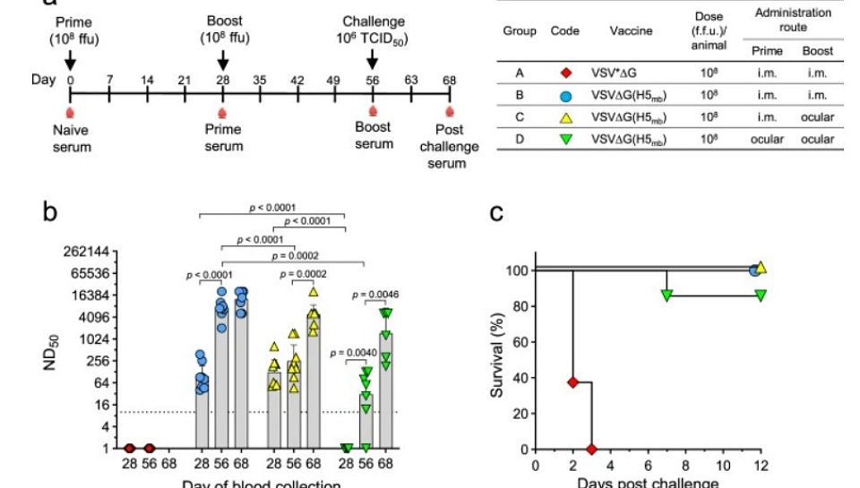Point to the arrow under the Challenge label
click(x=373, y=59)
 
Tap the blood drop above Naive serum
click(x=71, y=111)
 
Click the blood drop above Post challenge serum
click(x=449, y=111)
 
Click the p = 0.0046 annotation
click(x=376, y=294)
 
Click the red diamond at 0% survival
click(x=590, y=449)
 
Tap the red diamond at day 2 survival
click(x=572, y=381)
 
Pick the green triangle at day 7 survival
click(x=666, y=295)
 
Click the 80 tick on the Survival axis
click(x=518, y=306)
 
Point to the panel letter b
click(x=52, y=213)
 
